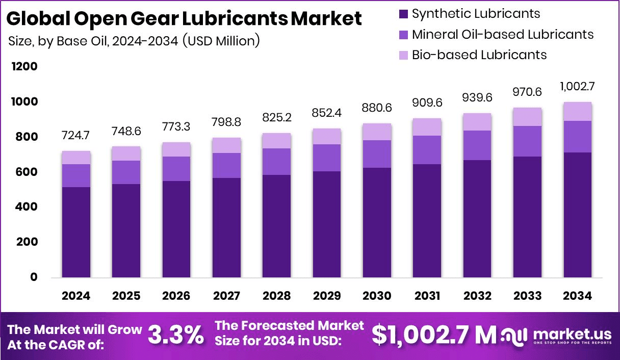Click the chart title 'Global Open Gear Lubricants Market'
click(185, 18)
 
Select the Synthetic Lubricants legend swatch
click(403, 14)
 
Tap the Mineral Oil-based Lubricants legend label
click(503, 34)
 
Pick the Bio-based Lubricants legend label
click(479, 55)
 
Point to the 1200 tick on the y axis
click(26, 67)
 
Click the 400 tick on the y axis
click(27, 207)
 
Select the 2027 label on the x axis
click(226, 296)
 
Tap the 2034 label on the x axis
click(577, 296)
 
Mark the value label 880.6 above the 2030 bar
click(377, 108)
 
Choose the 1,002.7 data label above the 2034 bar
click(577, 86)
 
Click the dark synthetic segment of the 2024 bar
click(76, 232)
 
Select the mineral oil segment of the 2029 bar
click(327, 158)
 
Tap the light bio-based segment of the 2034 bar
click(577, 111)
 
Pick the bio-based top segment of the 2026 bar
click(176, 149)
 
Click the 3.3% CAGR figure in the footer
click(175, 336)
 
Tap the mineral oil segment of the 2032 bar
click(477, 145)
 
